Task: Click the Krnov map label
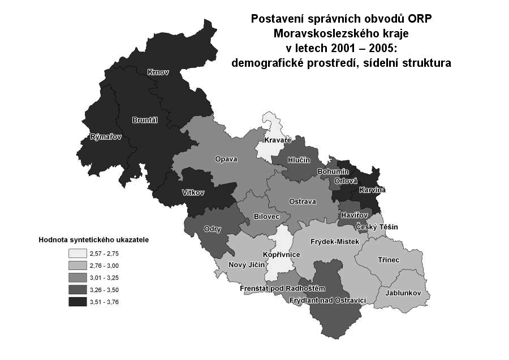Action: (158, 72)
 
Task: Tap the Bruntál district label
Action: (144, 120)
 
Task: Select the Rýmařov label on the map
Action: (106, 137)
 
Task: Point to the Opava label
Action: (226, 159)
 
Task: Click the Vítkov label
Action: (193, 192)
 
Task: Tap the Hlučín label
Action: (299, 160)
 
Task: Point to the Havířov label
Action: (355, 215)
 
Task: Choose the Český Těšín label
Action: (377, 227)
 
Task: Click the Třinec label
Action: (389, 260)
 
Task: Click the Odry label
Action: (212, 229)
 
